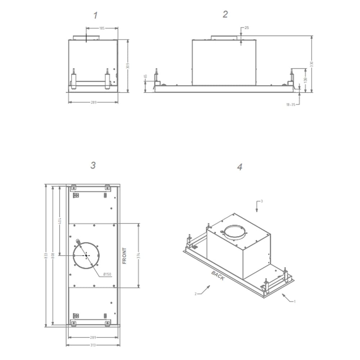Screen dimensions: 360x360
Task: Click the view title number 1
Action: click(95, 15)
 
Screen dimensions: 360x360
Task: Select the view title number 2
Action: click(225, 14)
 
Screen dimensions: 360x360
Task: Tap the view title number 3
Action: click(93, 165)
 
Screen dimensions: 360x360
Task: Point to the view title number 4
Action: click(240, 167)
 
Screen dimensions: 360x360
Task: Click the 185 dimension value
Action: click(102, 28)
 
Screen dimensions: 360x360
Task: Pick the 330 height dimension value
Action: click(312, 63)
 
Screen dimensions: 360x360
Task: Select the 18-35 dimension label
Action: click(291, 104)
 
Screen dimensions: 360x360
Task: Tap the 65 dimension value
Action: click(145, 76)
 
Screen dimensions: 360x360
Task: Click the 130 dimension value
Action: click(305, 79)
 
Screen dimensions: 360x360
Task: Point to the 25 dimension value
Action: click(247, 28)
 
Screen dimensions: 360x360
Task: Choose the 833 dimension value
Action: click(46, 255)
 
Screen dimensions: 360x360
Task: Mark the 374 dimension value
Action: click(139, 256)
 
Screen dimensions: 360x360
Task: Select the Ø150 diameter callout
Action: click(107, 274)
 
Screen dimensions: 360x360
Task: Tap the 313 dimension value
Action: click(93, 345)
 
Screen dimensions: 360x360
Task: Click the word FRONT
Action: click(125, 256)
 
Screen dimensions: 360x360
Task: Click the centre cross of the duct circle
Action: click(86, 255)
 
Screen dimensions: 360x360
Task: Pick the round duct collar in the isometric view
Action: click(234, 233)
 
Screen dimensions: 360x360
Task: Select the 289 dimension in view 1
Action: click(93, 102)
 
